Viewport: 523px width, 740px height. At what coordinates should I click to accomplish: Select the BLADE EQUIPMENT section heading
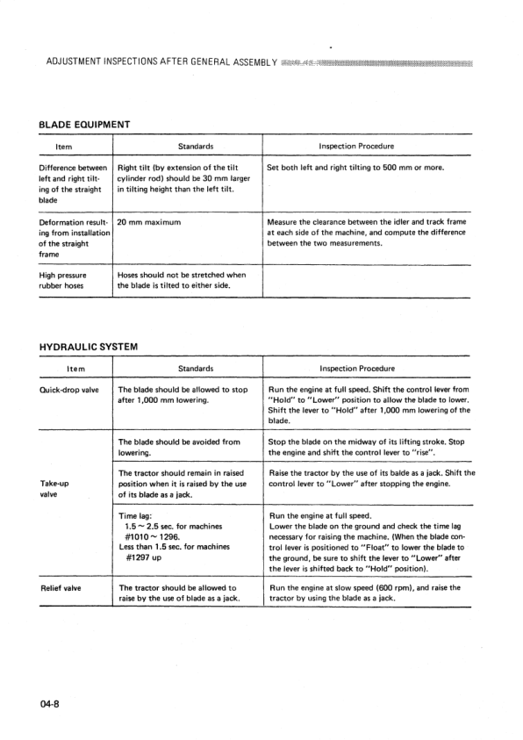point(85,124)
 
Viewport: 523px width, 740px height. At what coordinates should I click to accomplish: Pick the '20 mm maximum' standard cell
point(148,222)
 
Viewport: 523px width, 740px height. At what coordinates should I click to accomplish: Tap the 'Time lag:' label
point(140,517)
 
